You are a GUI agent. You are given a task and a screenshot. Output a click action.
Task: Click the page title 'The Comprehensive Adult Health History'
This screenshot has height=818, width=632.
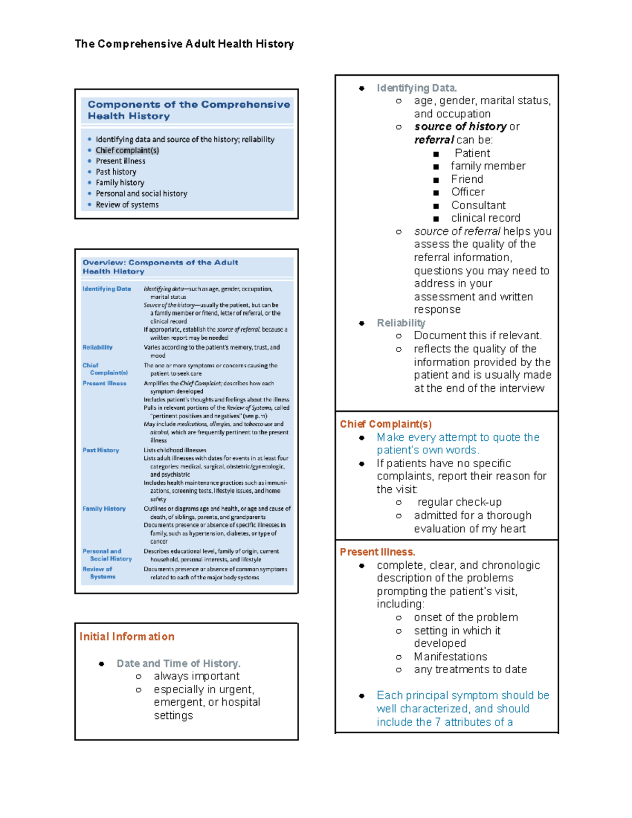point(184,44)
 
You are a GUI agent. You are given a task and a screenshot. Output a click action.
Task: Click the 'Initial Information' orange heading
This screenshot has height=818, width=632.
point(126,636)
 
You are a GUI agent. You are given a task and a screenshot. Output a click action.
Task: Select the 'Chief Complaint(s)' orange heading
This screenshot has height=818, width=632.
point(386,424)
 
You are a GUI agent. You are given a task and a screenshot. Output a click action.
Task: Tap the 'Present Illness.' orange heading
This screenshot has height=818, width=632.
point(377,552)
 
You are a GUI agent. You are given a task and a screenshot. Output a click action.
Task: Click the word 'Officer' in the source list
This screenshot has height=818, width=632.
point(468,192)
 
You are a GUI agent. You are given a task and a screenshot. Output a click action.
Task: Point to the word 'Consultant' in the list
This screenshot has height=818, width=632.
point(478,205)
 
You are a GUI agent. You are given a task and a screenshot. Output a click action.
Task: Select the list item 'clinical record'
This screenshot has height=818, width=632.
point(485,218)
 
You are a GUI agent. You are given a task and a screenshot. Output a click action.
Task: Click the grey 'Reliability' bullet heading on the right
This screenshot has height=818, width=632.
point(401,323)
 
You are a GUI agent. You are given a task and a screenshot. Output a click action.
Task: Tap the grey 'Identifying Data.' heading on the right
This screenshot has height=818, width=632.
point(417,88)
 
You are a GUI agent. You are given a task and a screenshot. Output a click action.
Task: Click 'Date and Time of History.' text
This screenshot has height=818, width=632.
point(178,663)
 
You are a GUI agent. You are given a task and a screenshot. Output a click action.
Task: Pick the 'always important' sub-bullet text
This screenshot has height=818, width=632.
point(196,676)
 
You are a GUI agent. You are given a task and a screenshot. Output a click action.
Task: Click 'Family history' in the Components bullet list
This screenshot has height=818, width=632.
point(120,183)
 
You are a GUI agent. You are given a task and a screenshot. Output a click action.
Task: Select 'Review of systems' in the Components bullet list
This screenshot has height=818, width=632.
point(127,205)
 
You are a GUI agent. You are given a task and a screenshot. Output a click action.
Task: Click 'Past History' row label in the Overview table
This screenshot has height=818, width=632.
point(101,450)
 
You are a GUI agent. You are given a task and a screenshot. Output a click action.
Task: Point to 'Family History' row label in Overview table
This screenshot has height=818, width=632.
point(104,509)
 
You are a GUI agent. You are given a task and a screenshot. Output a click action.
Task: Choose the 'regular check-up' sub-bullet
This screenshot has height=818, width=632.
point(459,502)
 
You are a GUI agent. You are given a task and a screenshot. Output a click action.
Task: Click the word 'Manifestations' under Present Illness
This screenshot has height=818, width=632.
point(450,657)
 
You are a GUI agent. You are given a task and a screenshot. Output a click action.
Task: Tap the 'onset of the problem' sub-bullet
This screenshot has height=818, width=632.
point(466,617)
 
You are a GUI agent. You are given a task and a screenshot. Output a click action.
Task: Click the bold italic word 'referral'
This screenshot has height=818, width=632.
point(434,140)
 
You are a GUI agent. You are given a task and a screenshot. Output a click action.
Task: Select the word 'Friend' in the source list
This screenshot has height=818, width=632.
point(467,180)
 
